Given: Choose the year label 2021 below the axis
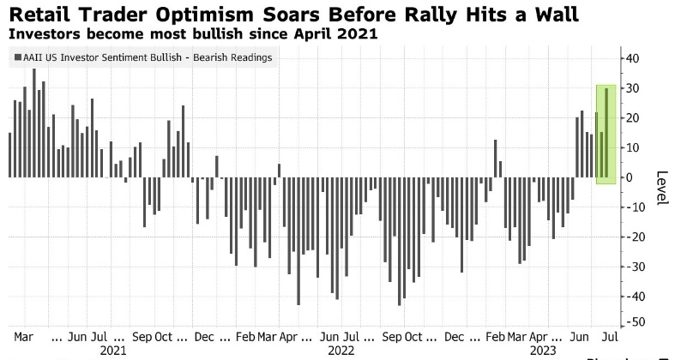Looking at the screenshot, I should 114,350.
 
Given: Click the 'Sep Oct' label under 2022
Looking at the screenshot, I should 403,335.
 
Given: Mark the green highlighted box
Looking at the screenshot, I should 605,134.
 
